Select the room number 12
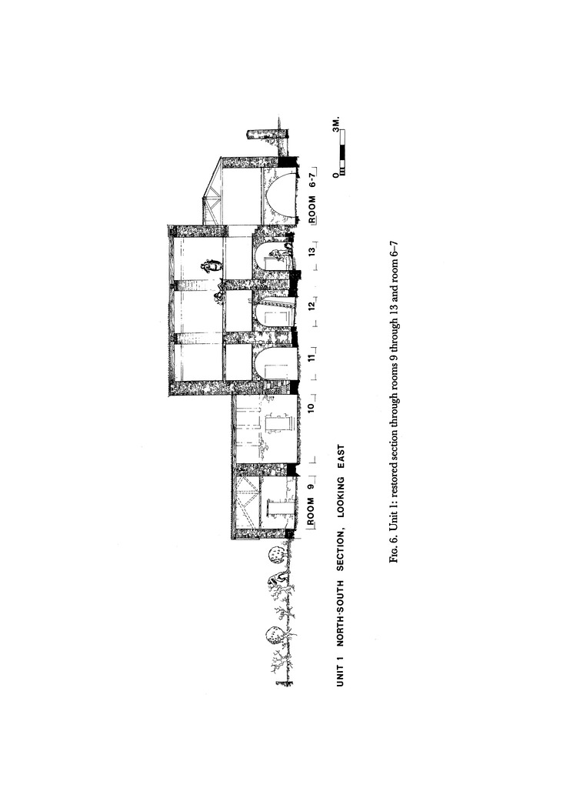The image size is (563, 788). (x=313, y=306)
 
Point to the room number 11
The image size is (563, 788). (x=313, y=358)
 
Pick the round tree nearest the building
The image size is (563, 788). (x=275, y=556)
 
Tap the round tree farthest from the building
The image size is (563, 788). (x=273, y=636)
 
